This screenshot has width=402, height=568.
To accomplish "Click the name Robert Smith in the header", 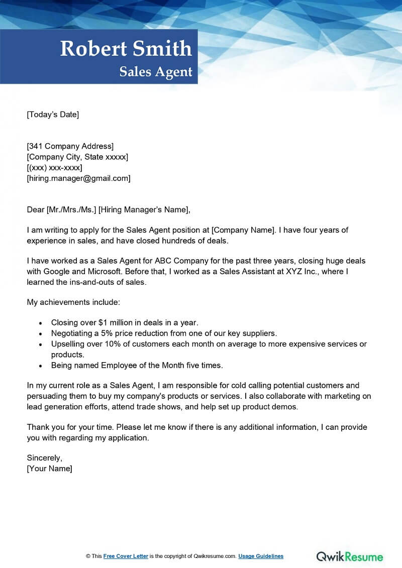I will [126, 49].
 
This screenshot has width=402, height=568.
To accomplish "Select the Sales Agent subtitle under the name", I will [156, 72].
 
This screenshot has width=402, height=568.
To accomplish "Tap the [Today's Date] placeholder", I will [53, 115].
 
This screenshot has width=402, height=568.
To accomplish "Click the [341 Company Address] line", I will [70, 146].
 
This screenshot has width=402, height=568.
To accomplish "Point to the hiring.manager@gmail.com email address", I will [78, 178].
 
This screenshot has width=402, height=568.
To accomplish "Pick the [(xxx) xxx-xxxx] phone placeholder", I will [54, 167].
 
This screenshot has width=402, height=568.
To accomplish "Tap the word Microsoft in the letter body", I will [110, 272].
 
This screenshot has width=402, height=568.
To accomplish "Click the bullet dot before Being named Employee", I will [41, 366].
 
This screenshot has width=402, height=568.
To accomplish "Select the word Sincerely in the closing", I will [44, 458].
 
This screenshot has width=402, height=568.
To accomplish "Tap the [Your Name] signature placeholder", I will [49, 469].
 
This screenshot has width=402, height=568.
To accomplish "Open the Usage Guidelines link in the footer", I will [261, 556].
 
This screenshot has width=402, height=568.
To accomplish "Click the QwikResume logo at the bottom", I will [349, 556].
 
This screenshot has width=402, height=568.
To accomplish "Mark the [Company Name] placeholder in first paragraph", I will [243, 231].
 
